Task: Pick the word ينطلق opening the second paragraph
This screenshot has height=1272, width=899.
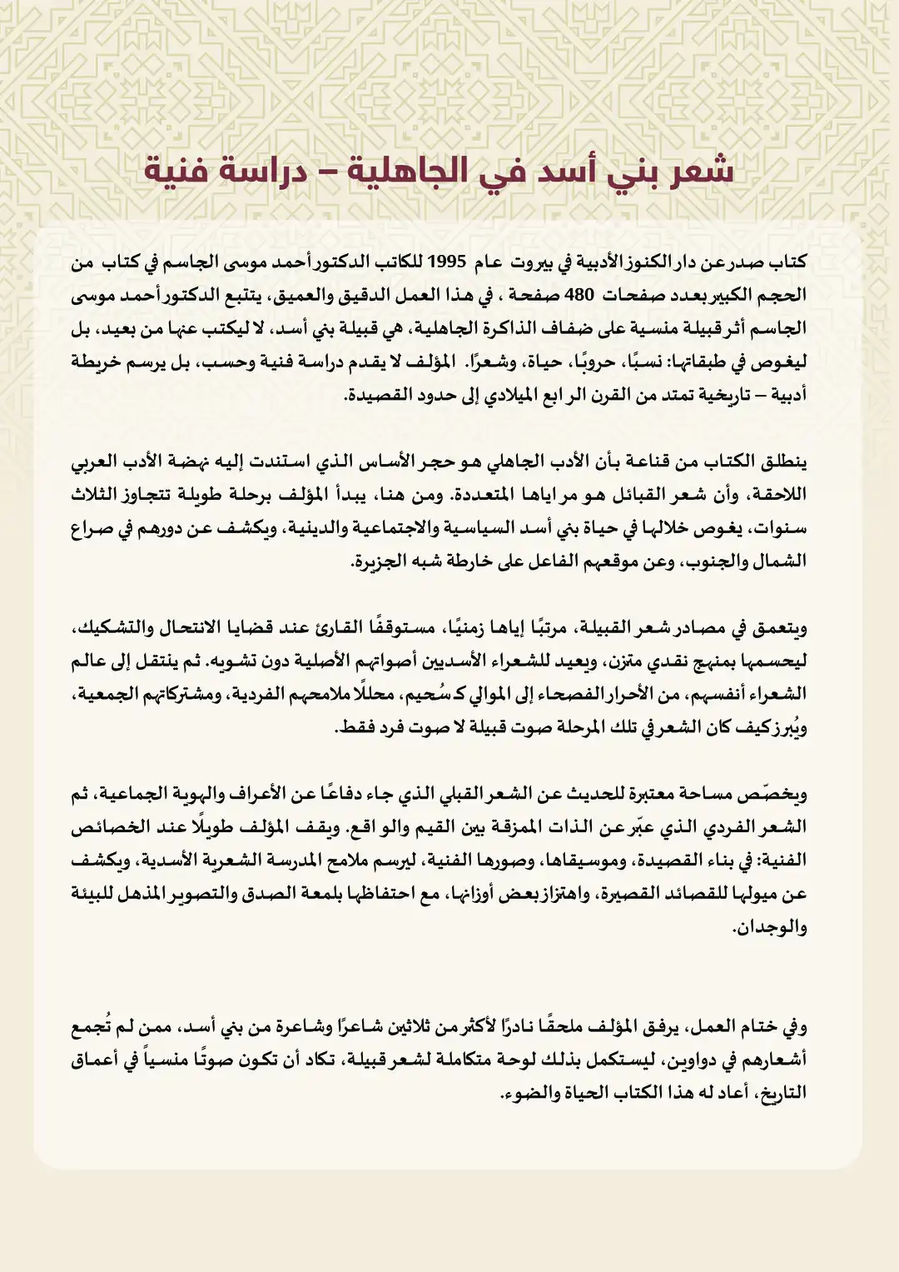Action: coord(782,461)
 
